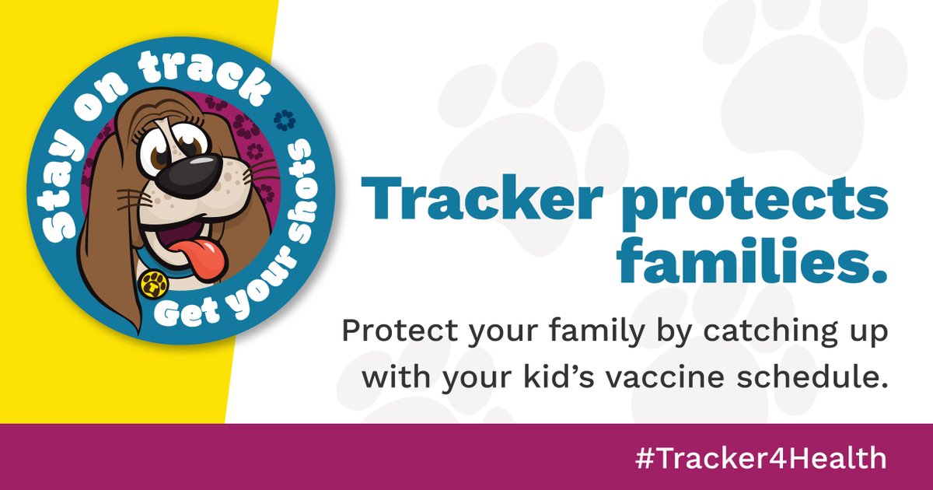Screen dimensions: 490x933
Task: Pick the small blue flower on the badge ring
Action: coord(282,119)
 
